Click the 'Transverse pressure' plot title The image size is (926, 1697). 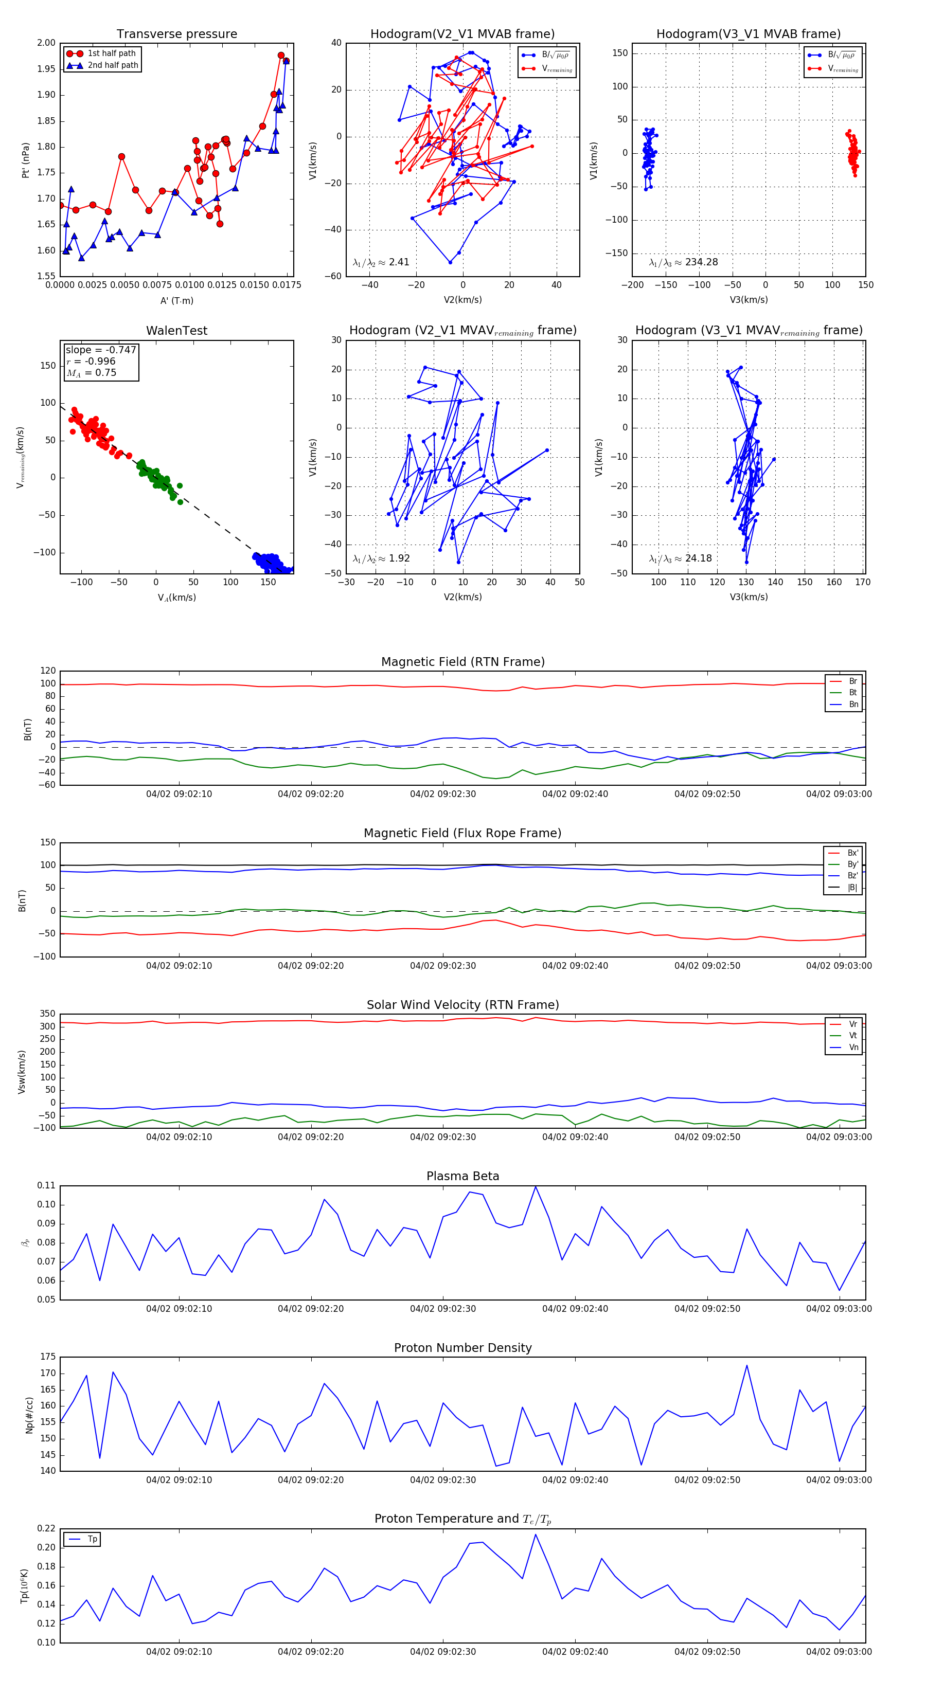point(176,34)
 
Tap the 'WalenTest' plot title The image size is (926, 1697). point(176,331)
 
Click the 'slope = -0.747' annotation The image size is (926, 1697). point(101,350)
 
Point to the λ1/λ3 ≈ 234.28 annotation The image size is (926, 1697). point(684,262)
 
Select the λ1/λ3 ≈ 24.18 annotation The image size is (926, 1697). point(680,558)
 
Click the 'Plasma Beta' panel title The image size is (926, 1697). point(462,1177)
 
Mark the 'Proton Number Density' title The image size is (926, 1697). point(462,1348)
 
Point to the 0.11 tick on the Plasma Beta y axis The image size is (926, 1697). point(46,1185)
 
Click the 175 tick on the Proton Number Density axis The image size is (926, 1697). point(48,1357)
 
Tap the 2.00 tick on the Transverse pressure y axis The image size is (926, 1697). point(46,43)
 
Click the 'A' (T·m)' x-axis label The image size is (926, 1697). point(176,300)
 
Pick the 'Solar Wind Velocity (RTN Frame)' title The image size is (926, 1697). point(462,1005)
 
